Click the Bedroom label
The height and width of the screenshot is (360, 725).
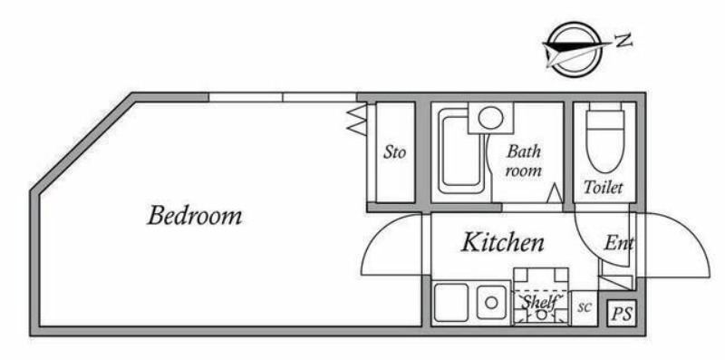pos(194,216)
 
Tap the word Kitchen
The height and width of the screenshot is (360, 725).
pos(503,242)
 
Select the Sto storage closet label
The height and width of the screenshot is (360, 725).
pos(394,152)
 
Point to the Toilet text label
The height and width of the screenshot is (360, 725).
pos(603,188)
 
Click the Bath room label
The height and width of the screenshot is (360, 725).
pos(524,161)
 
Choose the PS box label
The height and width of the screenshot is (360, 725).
pos(622,314)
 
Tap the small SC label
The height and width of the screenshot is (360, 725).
pos(585,308)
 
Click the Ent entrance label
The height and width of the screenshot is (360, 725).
pos(618,243)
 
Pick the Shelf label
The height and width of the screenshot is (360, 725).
pos(541,302)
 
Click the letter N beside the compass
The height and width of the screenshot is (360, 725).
pos(623,41)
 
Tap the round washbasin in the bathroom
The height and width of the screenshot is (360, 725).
pos(490,117)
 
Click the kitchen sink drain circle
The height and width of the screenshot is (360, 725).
pos(491,303)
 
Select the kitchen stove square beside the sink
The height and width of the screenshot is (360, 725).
pos(450,303)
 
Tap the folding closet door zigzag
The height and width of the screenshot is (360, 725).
pos(357,120)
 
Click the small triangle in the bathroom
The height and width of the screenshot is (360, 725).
pos(555,193)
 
